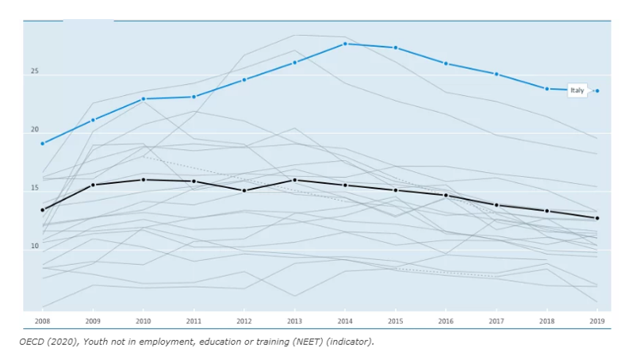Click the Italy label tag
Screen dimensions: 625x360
577,90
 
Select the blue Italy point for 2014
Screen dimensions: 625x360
345,44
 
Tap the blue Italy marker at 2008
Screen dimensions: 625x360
43,144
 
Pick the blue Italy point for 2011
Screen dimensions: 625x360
194,97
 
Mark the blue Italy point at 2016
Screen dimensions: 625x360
446,63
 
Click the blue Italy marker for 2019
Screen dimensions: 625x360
597,91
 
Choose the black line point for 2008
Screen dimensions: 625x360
43,210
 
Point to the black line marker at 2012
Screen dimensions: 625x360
244,190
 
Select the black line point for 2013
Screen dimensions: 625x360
295,180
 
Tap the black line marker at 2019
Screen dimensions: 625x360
597,218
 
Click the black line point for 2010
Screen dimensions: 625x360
144,180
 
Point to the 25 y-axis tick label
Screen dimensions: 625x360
35,71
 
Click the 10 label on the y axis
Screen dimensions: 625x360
35,246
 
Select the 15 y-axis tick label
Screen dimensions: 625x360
35,188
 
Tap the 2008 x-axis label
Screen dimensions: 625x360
43,321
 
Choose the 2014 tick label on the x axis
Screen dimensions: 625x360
345,321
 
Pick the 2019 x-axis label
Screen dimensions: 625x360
597,321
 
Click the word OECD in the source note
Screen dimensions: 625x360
31,342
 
